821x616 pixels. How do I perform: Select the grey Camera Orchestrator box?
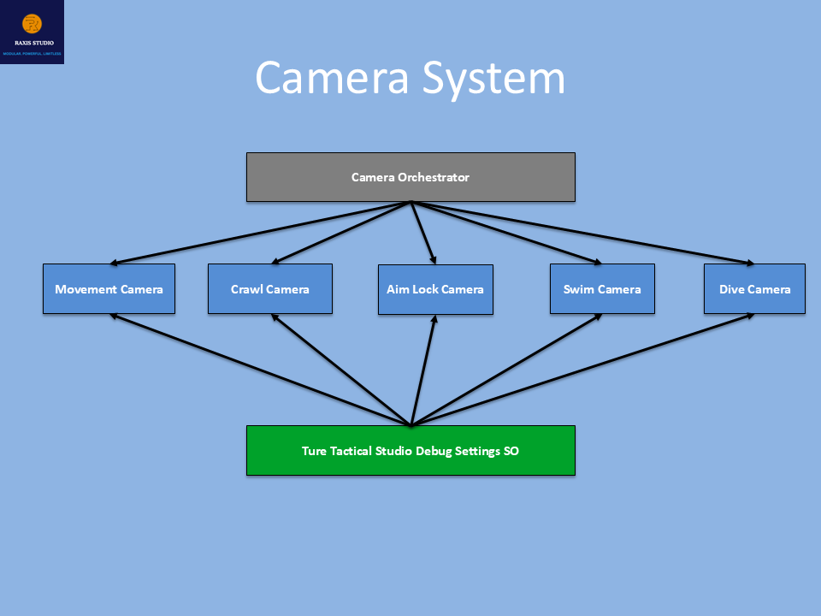click(410, 177)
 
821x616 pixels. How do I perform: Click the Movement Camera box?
click(109, 289)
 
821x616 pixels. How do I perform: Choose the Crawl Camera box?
click(270, 289)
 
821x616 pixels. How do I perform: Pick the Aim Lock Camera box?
click(435, 289)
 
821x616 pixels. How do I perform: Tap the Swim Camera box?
click(602, 289)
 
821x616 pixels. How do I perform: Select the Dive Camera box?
click(754, 289)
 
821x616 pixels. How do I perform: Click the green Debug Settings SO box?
click(410, 450)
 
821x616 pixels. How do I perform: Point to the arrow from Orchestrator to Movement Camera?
click(261, 233)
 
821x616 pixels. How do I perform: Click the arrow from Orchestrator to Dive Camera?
click(582, 233)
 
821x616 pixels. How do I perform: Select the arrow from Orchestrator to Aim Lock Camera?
click(423, 233)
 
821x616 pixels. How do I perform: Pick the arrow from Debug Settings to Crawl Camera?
click(342, 370)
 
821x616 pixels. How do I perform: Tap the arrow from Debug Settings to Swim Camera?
click(505, 370)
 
